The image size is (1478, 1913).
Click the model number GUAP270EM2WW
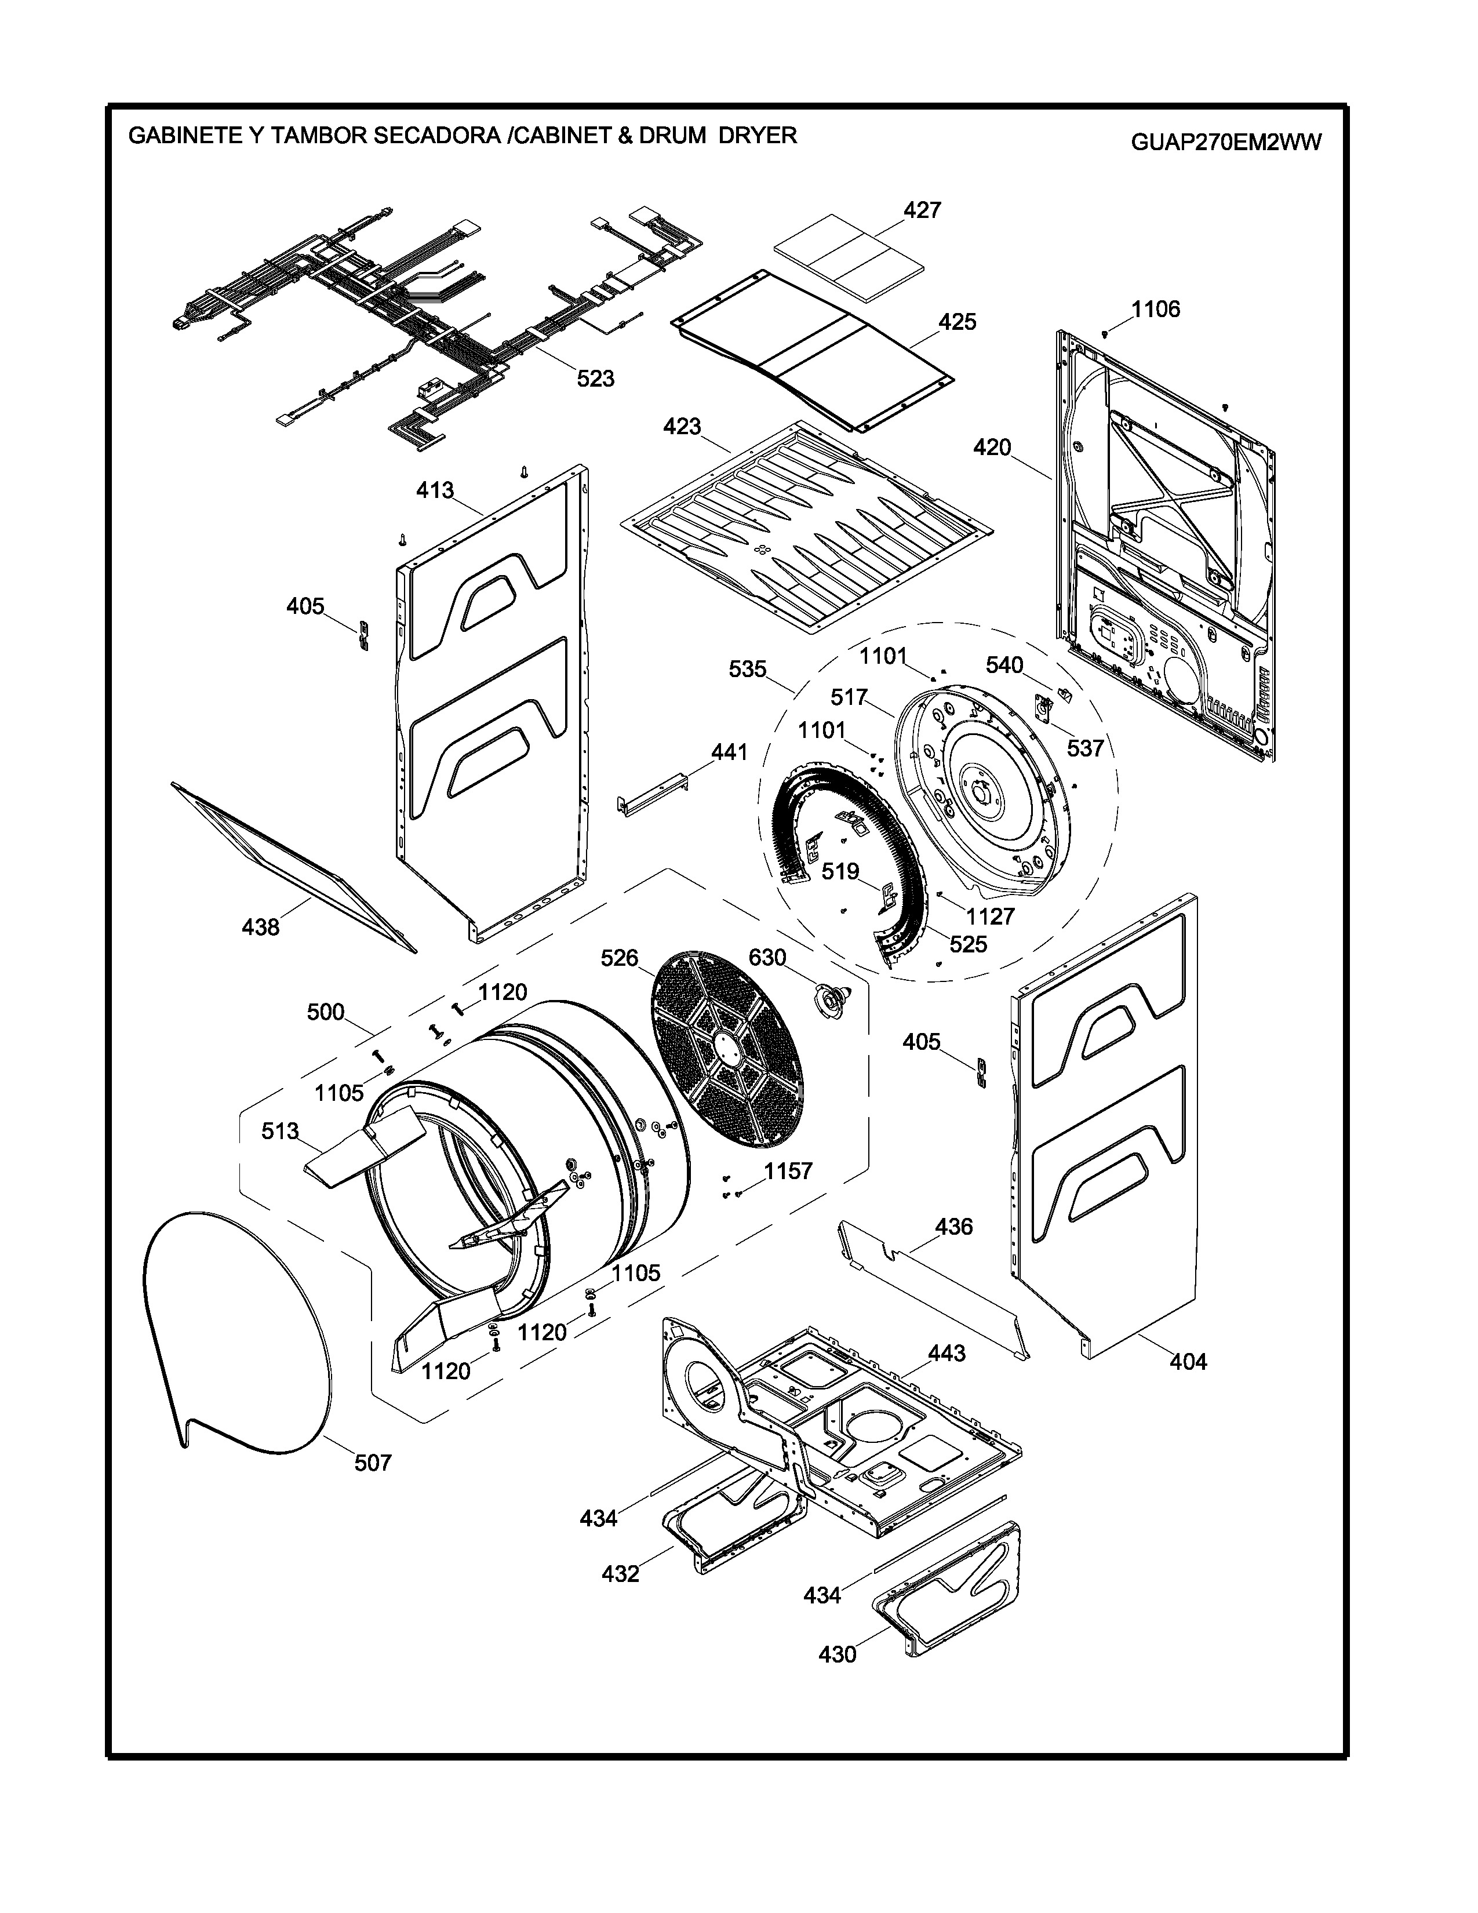[x=1226, y=143]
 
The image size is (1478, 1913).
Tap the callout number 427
[x=922, y=210]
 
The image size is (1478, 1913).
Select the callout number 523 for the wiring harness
[x=595, y=379]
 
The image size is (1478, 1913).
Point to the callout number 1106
[x=1156, y=309]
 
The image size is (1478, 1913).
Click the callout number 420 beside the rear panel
[x=992, y=448]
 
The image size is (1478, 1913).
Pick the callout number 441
[x=729, y=751]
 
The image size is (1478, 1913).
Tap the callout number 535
[x=748, y=669]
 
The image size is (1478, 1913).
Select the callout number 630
[x=767, y=958]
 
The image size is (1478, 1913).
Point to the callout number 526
[x=620, y=958]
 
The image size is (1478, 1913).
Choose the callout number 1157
[x=788, y=1171]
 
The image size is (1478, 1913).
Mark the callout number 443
[x=946, y=1353]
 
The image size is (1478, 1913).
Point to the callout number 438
[x=261, y=927]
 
